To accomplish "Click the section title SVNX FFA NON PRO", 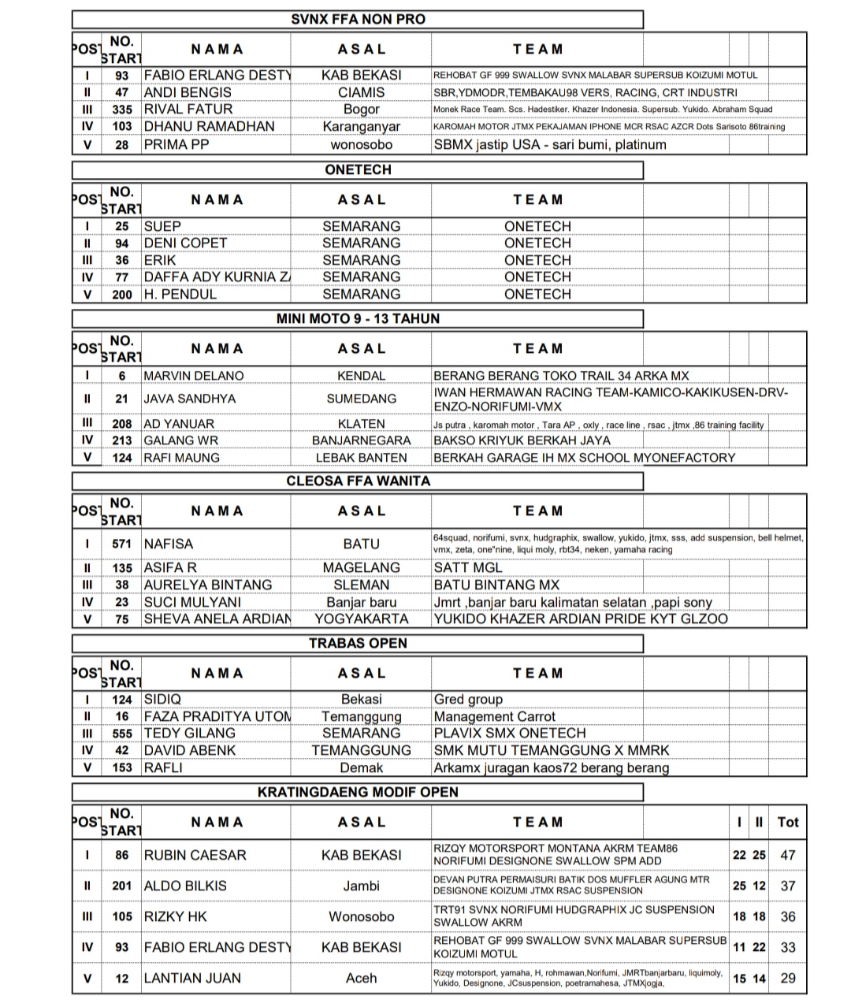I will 358,19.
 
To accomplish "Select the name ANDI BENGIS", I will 188,92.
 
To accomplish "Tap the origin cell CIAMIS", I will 361,92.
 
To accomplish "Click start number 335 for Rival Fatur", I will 122,110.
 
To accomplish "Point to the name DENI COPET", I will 185,243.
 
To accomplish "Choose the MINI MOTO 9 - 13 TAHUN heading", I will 358,318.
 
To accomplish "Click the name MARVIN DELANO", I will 193,376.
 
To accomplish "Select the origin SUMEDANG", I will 361,399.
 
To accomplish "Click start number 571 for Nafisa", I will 122,544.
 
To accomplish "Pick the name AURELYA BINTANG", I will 207,585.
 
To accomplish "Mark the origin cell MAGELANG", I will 361,567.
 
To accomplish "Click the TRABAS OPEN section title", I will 358,643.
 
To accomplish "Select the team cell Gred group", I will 468,699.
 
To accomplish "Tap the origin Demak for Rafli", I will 361,767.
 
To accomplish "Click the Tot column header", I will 788,822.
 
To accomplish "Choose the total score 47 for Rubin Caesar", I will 788,855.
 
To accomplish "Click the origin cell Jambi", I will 361,886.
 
